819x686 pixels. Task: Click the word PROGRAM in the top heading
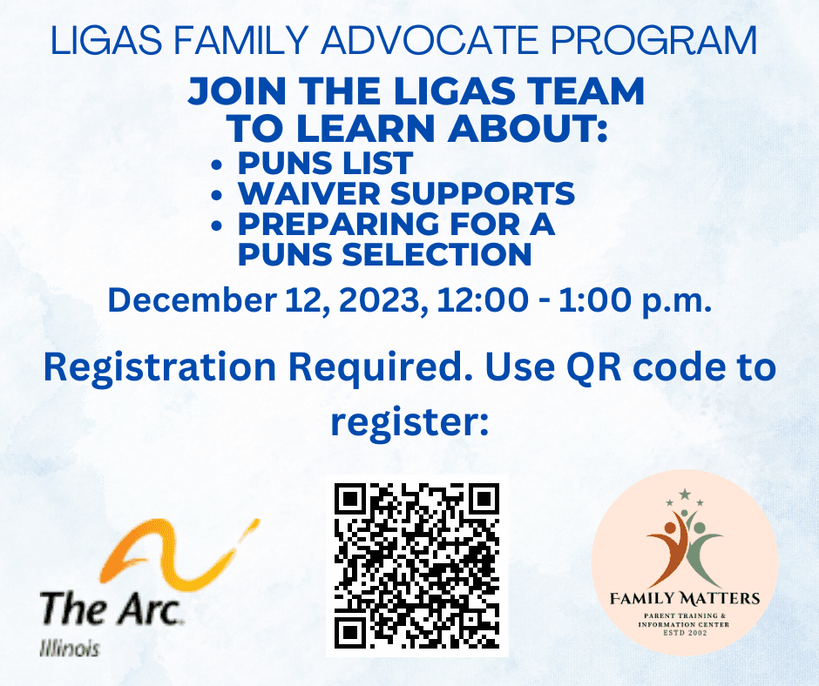[653, 40]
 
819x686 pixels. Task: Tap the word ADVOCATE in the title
[428, 40]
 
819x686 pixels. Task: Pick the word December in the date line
[192, 300]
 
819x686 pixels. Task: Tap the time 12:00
[482, 300]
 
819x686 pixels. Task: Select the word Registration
[159, 367]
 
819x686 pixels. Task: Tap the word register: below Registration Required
[409, 422]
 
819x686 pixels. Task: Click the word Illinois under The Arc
[70, 649]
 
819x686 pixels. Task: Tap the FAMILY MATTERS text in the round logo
[685, 597]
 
